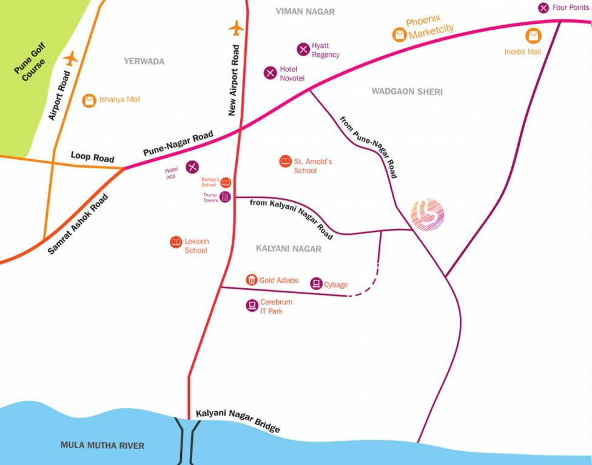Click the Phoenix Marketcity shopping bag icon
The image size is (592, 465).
point(399,35)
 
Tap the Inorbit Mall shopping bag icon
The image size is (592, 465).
point(533,36)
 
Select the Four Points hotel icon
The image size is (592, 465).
point(543,8)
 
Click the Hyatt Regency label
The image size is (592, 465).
point(325,50)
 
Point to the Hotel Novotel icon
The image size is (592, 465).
point(270,73)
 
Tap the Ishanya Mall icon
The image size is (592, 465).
point(90,100)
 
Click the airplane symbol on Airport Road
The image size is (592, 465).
point(72,59)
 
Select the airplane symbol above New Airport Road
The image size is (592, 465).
point(236,28)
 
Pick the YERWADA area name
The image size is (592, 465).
point(144,62)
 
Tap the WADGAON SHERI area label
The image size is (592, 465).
point(407,91)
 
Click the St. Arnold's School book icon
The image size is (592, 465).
point(285,162)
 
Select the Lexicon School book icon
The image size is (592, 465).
point(176,242)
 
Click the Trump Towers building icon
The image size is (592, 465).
point(225,197)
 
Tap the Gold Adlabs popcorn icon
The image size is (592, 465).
point(252,280)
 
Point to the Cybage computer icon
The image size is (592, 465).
point(316,283)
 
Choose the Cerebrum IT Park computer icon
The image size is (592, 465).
point(252,306)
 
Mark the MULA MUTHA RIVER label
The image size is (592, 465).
point(103,446)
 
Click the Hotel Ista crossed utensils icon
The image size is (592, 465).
point(192,167)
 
